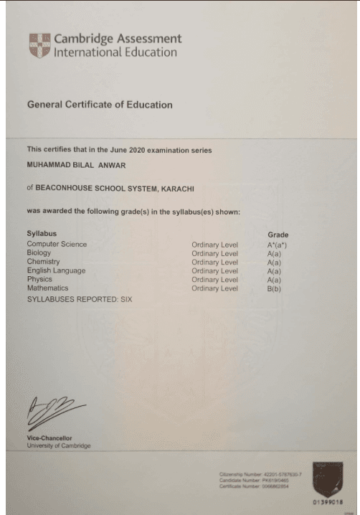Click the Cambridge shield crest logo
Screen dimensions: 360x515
[39, 44]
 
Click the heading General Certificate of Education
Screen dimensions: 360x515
[100, 105]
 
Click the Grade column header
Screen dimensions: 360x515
[278, 235]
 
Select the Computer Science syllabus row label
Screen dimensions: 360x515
[57, 245]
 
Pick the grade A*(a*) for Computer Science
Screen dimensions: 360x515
[277, 245]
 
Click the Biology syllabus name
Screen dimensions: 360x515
[39, 253]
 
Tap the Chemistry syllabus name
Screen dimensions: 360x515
[42, 262]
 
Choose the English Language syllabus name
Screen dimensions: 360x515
[56, 270]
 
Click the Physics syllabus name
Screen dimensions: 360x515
[39, 280]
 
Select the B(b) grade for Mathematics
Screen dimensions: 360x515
[274, 288]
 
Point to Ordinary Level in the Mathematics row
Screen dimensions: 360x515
[214, 288]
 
